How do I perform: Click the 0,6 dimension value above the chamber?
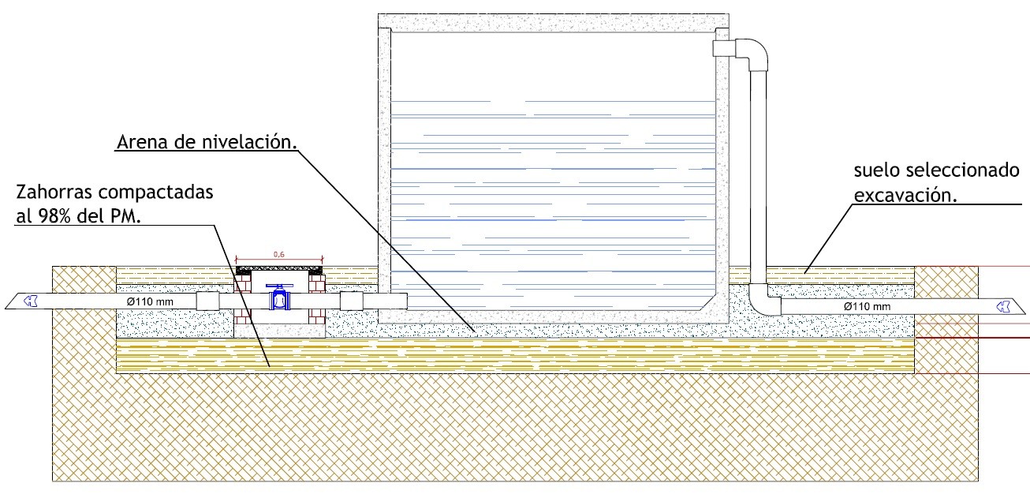[279, 254]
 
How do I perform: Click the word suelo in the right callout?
[876, 171]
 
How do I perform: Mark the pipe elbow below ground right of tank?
[762, 301]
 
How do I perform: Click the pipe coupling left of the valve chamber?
[207, 301]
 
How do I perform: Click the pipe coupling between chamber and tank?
[351, 301]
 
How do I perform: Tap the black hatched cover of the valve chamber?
[279, 269]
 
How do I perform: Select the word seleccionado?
[972, 171]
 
